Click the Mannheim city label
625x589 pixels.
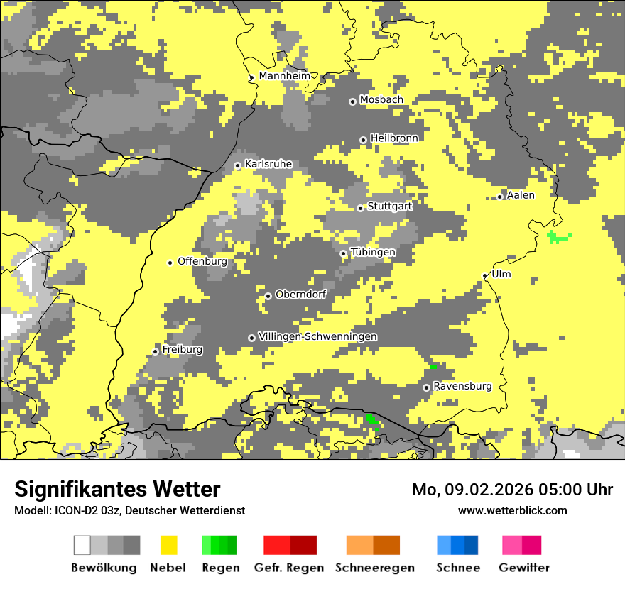click(x=284, y=76)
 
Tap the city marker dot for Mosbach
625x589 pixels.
click(x=352, y=101)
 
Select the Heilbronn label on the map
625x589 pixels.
click(x=394, y=138)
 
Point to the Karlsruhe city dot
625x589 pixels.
click(x=237, y=166)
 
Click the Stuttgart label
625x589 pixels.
click(x=390, y=207)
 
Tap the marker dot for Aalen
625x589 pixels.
click(x=500, y=197)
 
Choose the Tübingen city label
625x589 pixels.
click(x=373, y=253)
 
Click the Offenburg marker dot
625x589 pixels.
click(x=170, y=263)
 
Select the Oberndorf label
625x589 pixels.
click(x=300, y=294)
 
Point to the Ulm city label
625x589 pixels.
click(x=501, y=275)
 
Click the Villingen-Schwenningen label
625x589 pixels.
click(x=317, y=336)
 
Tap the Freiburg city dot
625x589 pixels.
click(x=155, y=351)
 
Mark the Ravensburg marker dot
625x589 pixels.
click(x=426, y=387)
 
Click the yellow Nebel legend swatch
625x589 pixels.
click(x=168, y=545)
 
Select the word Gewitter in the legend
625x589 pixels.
click(x=523, y=568)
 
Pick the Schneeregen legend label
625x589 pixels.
click(x=374, y=568)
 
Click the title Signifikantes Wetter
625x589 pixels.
click(x=117, y=490)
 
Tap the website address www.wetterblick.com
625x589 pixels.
click(x=512, y=510)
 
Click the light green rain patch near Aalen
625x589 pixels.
click(x=558, y=237)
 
